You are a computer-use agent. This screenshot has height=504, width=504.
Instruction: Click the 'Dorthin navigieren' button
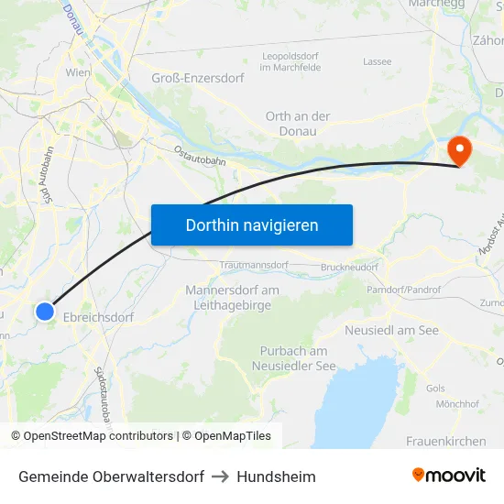252,225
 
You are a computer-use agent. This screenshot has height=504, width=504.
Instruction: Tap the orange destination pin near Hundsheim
457,149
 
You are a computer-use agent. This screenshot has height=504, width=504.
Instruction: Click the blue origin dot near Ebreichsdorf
45,312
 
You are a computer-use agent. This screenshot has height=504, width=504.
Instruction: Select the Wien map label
77,71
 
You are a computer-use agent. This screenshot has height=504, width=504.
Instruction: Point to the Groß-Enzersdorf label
197,78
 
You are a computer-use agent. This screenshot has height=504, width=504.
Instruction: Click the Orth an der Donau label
298,124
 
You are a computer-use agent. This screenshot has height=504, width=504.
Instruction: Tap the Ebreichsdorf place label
98,317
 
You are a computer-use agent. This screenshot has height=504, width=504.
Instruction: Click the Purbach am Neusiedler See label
293,358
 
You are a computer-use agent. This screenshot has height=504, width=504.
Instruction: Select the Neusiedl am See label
392,330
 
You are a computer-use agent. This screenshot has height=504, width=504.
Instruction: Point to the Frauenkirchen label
446,441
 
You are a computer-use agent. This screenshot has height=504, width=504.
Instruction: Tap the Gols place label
435,389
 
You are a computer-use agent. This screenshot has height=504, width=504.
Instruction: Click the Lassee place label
377,62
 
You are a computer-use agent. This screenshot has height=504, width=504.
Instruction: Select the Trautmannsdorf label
255,266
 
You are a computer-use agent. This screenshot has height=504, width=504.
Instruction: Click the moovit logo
449,476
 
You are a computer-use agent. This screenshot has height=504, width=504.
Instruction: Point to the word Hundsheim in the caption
276,477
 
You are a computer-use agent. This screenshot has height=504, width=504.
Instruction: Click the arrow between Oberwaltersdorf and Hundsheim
220,477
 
